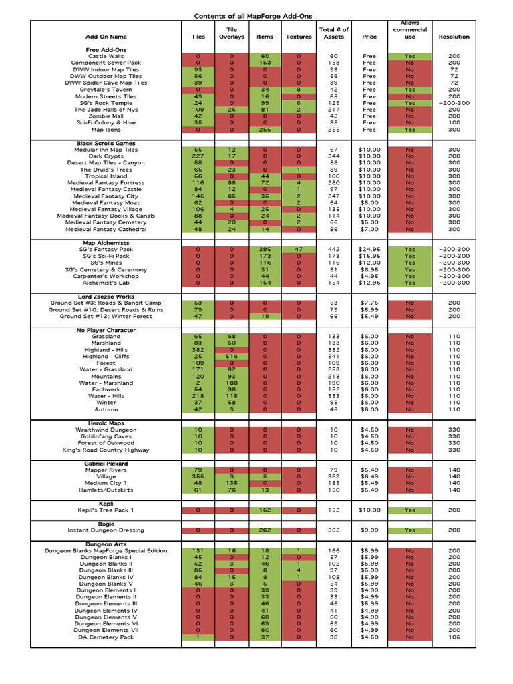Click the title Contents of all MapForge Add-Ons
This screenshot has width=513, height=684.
(x=253, y=16)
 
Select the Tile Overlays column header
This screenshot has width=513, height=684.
(x=232, y=33)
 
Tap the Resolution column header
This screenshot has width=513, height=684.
(x=454, y=37)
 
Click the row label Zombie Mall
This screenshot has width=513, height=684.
(x=106, y=116)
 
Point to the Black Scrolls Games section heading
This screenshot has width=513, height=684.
(x=106, y=144)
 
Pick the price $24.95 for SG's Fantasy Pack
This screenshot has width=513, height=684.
(x=369, y=250)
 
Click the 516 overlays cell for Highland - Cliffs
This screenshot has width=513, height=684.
(x=232, y=357)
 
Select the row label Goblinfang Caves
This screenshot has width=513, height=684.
(x=106, y=437)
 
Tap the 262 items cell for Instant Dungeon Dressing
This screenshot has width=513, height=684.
(x=265, y=530)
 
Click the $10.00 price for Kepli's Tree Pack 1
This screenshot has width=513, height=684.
(x=369, y=510)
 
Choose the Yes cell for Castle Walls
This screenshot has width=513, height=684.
(x=409, y=57)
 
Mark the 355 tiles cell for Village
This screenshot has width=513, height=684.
(x=198, y=477)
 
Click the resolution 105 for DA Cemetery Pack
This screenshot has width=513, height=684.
(x=454, y=637)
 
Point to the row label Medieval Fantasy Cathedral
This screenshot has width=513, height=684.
(x=106, y=230)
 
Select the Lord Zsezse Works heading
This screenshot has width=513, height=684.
(x=106, y=297)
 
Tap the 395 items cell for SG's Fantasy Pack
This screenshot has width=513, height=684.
(x=265, y=250)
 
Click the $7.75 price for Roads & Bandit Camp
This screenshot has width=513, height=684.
(x=369, y=303)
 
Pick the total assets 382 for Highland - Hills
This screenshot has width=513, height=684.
(x=334, y=350)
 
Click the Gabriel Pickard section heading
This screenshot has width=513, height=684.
(x=106, y=464)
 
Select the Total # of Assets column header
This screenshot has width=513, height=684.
(x=334, y=33)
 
